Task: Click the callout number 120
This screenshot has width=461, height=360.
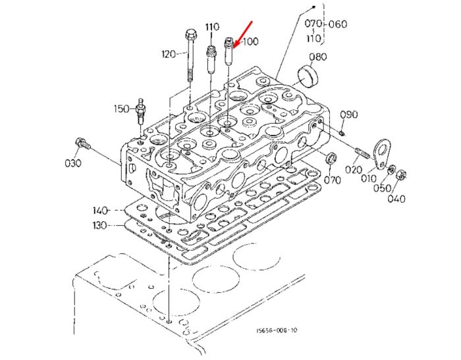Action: [169, 54]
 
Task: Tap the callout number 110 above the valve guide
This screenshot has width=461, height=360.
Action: [212, 27]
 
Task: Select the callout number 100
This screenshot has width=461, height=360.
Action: [250, 41]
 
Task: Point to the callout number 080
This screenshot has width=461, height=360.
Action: [318, 57]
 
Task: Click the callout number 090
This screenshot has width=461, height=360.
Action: [349, 115]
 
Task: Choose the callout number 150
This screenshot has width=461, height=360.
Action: [122, 109]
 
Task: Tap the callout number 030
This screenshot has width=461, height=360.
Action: [73, 163]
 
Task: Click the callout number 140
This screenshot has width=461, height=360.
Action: [100, 211]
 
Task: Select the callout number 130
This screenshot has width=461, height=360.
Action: [99, 225]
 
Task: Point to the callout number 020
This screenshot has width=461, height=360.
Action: [354, 170]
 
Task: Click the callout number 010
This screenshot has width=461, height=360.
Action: [369, 178]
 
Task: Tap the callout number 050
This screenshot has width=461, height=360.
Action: [383, 188]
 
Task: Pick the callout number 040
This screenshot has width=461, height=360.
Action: [396, 199]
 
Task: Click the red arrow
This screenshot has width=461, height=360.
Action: [243, 34]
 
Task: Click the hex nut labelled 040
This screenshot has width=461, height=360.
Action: [402, 176]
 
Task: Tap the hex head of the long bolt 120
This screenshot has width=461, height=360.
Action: [190, 36]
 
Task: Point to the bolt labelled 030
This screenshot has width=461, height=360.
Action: [83, 144]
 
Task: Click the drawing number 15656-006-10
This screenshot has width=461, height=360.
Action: [277, 330]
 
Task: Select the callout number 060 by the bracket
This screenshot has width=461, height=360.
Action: [338, 24]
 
